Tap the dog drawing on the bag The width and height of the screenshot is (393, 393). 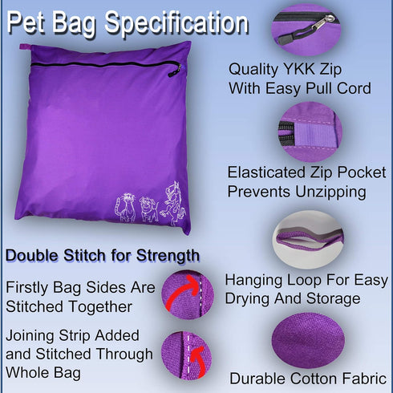click(x=148, y=208)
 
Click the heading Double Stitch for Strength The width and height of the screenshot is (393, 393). click(x=102, y=256)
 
